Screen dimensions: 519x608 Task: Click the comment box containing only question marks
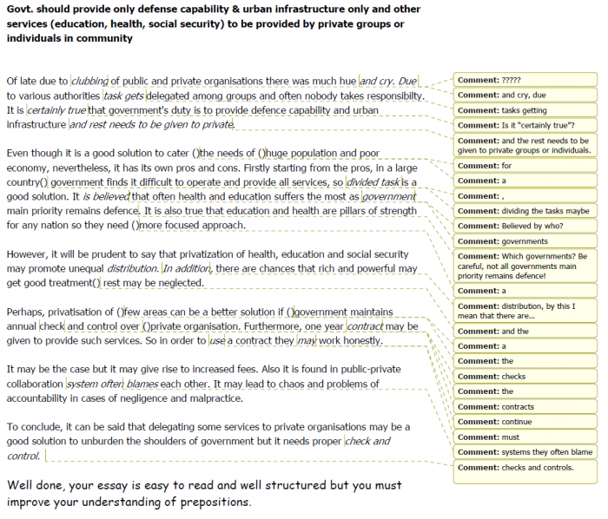pyautogui.click(x=525, y=80)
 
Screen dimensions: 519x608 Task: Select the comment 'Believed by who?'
pyautogui.click(x=525, y=226)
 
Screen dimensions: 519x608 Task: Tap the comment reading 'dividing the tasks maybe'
pyautogui.click(x=525, y=211)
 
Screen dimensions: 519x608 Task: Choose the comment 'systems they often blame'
pyautogui.click(x=525, y=452)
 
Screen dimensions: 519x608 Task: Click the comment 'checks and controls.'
pyautogui.click(x=525, y=468)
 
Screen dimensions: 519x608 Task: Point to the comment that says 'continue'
pyautogui.click(x=525, y=422)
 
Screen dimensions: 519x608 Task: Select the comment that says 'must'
pyautogui.click(x=525, y=437)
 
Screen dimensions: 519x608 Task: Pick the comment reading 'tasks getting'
pyautogui.click(x=525, y=110)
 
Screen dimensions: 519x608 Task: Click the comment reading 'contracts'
pyautogui.click(x=525, y=406)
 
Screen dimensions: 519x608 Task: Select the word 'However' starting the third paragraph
pyautogui.click(x=28, y=254)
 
